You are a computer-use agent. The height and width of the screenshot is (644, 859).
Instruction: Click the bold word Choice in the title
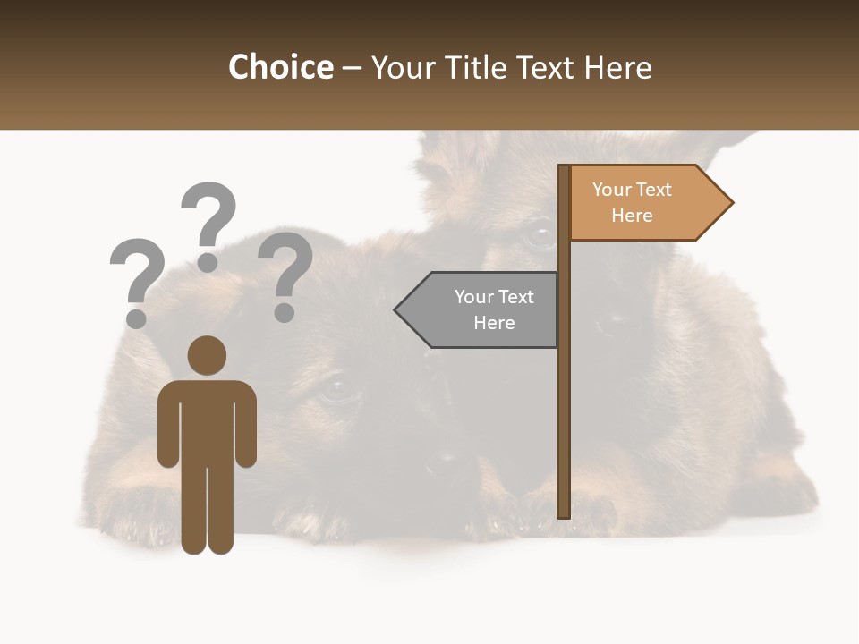280,68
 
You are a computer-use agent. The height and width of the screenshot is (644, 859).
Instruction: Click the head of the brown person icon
207,355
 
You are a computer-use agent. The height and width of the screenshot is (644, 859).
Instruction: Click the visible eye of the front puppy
337,387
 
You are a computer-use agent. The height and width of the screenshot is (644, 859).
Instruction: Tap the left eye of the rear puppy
540,236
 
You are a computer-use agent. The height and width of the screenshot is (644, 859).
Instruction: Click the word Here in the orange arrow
632,216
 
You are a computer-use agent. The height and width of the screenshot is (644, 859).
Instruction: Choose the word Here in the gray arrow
494,323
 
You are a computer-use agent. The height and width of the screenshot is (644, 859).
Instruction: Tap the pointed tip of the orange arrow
731,203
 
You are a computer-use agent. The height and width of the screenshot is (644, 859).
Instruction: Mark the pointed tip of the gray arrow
397,310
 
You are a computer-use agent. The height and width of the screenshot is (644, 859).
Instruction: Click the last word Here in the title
617,68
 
